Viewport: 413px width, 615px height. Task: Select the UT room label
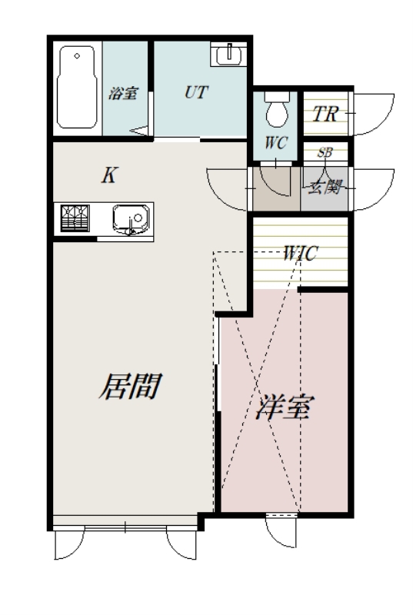pos(195,92)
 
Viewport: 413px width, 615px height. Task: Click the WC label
pos(275,142)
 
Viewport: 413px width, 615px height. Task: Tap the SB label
pos(325,152)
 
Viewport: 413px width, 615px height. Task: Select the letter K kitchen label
pos(109,176)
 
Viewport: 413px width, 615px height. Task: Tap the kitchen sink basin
pos(125,219)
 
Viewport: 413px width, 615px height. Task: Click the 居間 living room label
pos(128,386)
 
